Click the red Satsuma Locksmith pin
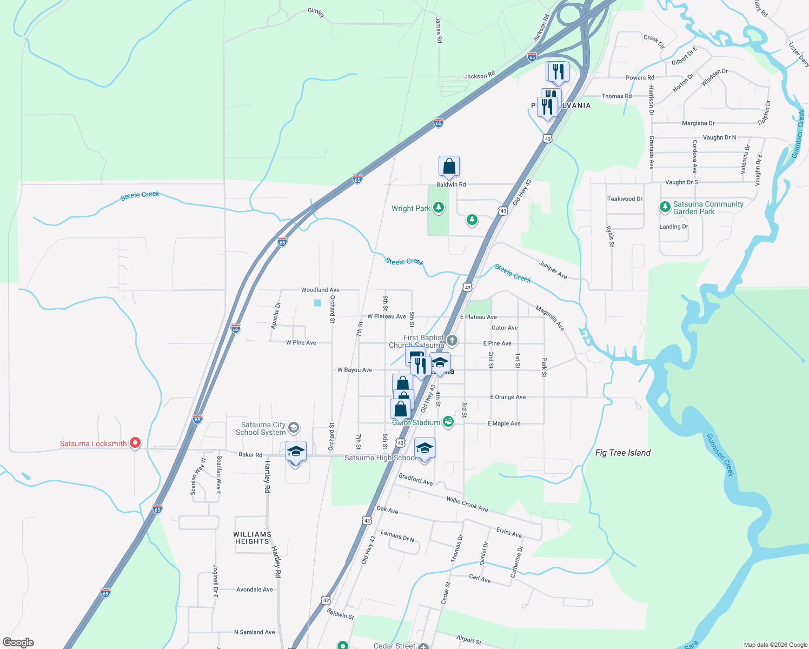135,443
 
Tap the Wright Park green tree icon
439,208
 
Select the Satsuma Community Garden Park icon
665,207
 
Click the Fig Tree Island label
622,453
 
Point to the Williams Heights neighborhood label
252,538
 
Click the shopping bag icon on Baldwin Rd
449,167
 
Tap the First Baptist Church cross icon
452,341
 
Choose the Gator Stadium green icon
448,422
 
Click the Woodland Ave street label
320,290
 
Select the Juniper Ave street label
553,269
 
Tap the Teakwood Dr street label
625,199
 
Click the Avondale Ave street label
254,590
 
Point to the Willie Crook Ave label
467,505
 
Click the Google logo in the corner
18,643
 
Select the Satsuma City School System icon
294,428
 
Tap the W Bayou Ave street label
355,370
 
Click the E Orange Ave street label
508,397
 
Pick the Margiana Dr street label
698,123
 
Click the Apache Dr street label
276,316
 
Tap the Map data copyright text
775,645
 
